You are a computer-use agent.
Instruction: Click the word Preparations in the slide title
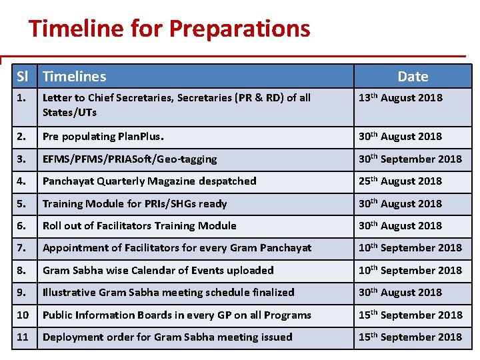click(x=239, y=29)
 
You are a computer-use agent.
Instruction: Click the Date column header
click(x=413, y=77)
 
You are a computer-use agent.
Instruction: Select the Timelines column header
click(x=74, y=77)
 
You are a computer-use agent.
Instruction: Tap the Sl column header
click(x=24, y=77)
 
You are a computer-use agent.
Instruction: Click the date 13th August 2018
click(x=400, y=98)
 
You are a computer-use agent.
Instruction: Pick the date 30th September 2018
click(x=410, y=159)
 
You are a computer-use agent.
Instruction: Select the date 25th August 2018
click(x=400, y=181)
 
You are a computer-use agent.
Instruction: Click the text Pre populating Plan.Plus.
click(x=103, y=137)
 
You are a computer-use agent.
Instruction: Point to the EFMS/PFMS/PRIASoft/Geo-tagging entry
click(x=129, y=159)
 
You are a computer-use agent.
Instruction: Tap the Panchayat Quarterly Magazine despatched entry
click(x=149, y=181)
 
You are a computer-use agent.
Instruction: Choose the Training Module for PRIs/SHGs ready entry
click(x=135, y=204)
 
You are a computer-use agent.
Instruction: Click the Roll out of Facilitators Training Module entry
click(x=139, y=226)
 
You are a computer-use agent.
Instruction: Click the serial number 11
click(x=23, y=337)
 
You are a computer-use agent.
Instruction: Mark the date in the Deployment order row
click(x=410, y=337)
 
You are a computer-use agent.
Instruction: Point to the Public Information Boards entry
click(x=177, y=315)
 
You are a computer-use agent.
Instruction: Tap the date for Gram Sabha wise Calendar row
click(x=410, y=270)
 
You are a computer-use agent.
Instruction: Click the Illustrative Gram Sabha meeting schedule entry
click(x=168, y=293)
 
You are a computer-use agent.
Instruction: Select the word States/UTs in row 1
click(x=69, y=113)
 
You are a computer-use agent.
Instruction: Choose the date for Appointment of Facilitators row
click(x=410, y=247)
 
